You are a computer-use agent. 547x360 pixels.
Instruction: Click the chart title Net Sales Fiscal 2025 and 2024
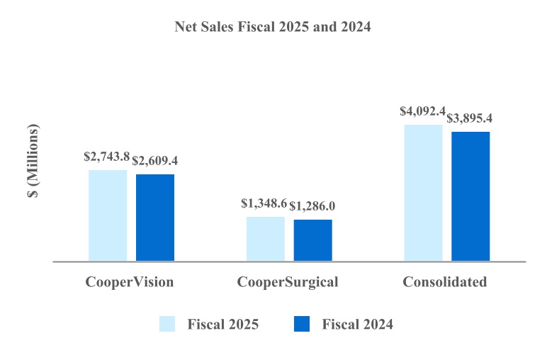point(273,28)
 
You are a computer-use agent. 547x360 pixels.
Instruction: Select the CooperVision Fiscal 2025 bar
point(108,215)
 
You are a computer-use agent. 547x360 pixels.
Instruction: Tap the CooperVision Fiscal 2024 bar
point(155,218)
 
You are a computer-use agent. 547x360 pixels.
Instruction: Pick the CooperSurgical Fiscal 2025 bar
point(266,239)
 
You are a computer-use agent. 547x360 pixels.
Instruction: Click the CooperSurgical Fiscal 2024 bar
point(312,240)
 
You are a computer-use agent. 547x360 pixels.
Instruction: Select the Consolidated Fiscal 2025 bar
point(423,193)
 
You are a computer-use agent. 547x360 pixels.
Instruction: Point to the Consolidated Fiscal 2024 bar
point(470,196)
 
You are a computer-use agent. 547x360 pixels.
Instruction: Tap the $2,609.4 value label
point(155,161)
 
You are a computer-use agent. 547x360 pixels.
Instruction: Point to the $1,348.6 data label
point(264,204)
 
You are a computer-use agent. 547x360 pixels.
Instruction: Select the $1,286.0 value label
point(312,206)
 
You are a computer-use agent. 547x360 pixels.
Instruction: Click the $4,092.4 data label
point(422,111)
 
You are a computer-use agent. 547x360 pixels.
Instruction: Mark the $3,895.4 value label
point(471,118)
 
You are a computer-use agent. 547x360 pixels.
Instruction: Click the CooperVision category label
point(130,282)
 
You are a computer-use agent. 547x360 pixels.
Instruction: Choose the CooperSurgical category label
point(288,282)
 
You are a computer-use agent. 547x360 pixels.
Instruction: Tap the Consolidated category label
point(445,282)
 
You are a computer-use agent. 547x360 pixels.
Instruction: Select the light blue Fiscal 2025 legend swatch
point(167,325)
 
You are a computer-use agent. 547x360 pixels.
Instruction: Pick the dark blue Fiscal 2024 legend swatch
point(301,325)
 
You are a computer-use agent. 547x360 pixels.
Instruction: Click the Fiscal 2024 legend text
point(357,325)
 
